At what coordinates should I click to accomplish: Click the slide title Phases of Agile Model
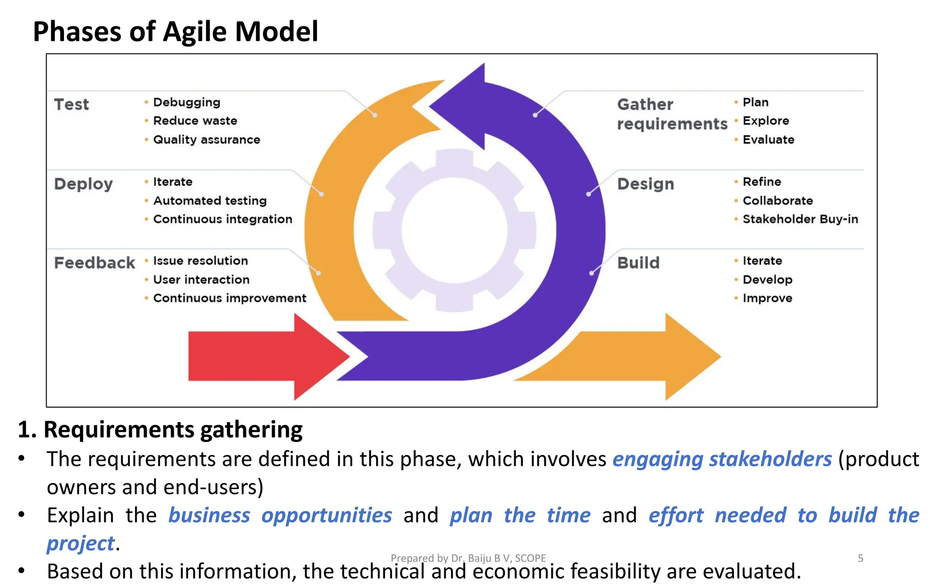tap(175, 32)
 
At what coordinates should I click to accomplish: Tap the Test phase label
tap(71, 105)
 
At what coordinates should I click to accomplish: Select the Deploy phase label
tap(83, 184)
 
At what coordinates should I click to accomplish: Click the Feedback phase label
tap(94, 263)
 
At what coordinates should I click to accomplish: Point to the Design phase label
tap(646, 184)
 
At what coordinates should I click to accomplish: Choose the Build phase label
tap(638, 263)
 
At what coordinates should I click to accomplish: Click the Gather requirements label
tap(672, 114)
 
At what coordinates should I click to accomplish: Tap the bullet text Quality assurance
tap(206, 140)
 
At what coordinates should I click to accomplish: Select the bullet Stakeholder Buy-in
tap(800, 219)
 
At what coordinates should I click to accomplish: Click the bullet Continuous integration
tap(222, 219)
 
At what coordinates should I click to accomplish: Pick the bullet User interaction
tap(201, 280)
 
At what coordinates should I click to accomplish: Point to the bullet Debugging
tap(187, 102)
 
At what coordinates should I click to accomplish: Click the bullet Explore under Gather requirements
tap(766, 121)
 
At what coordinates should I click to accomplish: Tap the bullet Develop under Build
tap(767, 280)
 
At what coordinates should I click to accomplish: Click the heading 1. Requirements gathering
tap(160, 430)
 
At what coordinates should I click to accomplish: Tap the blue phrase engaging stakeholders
tap(722, 459)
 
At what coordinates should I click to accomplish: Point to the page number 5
tap(860, 558)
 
